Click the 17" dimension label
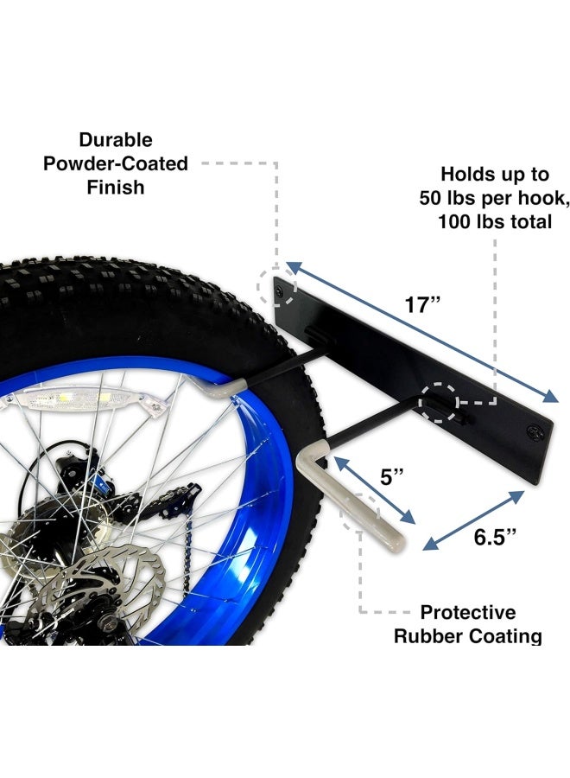click(x=422, y=304)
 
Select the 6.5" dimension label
click(x=495, y=537)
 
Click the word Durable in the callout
click(x=116, y=139)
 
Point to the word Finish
click(x=116, y=187)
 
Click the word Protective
click(x=468, y=612)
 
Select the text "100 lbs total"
click(x=495, y=221)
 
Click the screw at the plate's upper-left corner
click(x=280, y=290)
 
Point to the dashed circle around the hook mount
click(x=439, y=402)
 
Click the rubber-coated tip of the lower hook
click(x=394, y=541)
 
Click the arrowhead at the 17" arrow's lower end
click(x=551, y=397)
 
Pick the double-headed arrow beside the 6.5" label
click(x=473, y=520)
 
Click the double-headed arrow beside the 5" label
click(x=375, y=490)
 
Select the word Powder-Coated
click(x=116, y=163)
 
